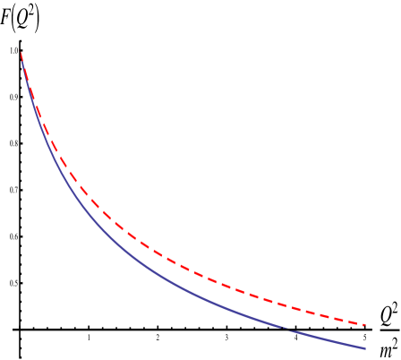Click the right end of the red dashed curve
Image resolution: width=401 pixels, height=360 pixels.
point(365,324)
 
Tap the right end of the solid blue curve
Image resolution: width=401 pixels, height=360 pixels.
point(365,347)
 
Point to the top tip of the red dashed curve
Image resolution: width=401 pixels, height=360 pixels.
point(21,54)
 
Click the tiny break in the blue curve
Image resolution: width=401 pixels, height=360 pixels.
point(286,329)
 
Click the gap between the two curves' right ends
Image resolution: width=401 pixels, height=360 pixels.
point(365,336)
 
